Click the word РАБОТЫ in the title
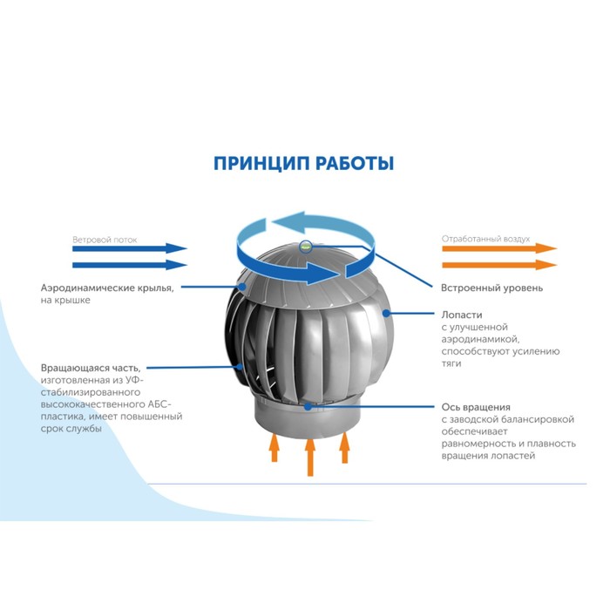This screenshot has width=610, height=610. pos(355,164)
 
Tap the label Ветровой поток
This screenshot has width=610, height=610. pos(105,240)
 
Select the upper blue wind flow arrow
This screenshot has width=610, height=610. pos(130,248)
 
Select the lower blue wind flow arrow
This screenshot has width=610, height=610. pos(130,265)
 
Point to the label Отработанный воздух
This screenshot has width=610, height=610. pos(485,239)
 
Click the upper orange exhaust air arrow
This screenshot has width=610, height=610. pos(499,248)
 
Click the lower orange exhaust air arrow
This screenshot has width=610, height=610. pos(499,265)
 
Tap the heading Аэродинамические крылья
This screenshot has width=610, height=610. pos(107,288)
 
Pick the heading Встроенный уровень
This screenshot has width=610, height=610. pos(491,288)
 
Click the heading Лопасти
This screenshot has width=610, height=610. pos(462,315)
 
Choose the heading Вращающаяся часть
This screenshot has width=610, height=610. pos(91,368)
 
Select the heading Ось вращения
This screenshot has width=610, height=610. pos(476,407)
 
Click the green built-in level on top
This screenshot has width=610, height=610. pos(306,247)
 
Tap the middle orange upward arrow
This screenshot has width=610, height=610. pos(309,457)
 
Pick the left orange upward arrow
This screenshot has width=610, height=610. pos(274,448)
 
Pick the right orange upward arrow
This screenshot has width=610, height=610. pos(345,448)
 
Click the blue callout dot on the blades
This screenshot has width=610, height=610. pos(386,313)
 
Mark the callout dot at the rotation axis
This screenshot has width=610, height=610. pos(308,407)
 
